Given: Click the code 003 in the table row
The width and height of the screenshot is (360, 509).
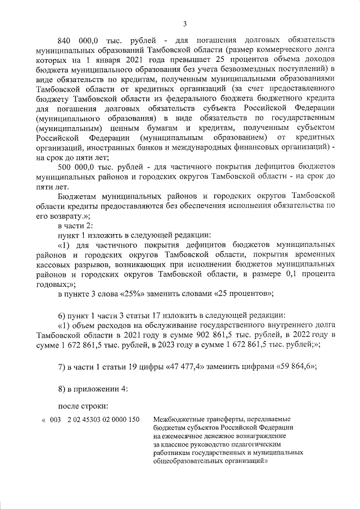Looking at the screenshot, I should point(55,420).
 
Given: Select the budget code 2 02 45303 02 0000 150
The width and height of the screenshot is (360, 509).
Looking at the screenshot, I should point(103,420).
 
